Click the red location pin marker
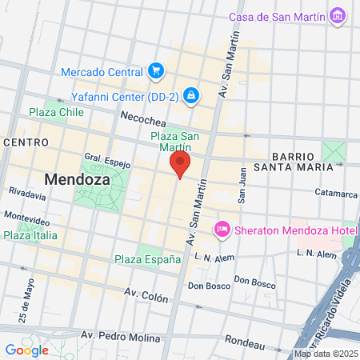pyautogui.click(x=180, y=166)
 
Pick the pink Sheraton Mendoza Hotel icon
pyautogui.click(x=223, y=230)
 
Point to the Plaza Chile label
pyautogui.click(x=57, y=112)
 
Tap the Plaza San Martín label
pyautogui.click(x=170, y=141)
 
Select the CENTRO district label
pyautogui.click(x=26, y=142)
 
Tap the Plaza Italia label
pyautogui.click(x=30, y=235)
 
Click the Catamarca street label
pyautogui.click(x=335, y=193)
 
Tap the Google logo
pyautogui.click(x=26, y=350)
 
